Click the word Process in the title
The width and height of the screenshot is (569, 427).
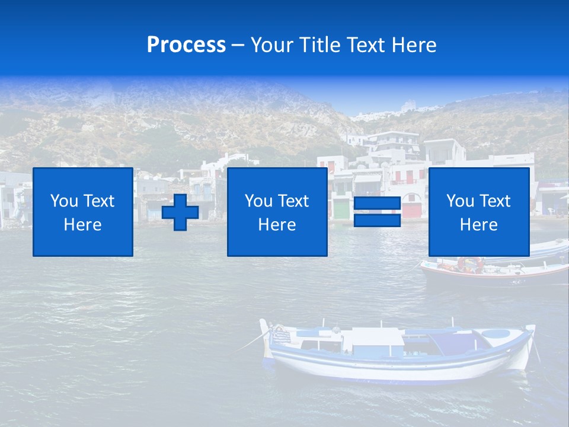point(186,45)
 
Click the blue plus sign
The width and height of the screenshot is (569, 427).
point(180,212)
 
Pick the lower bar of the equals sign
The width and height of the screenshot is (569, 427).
point(377,221)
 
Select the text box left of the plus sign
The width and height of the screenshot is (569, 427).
point(83,212)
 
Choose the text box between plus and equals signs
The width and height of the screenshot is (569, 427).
point(277,212)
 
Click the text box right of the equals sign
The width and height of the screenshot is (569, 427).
point(479,212)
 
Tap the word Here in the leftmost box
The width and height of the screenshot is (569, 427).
point(83,225)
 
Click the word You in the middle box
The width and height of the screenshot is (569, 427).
point(258,201)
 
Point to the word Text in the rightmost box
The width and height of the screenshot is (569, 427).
point(496,201)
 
